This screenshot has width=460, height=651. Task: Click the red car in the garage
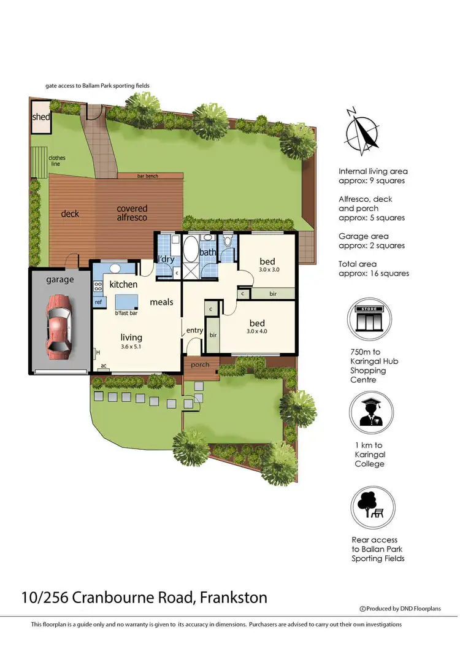click(58, 326)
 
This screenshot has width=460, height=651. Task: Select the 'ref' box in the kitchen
click(98, 302)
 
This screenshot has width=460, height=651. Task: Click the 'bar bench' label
click(147, 176)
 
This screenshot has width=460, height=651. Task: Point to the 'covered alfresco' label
click(132, 213)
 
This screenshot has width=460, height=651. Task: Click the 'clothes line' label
click(57, 161)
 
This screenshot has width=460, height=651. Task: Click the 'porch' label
click(200, 364)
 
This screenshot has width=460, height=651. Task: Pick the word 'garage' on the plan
click(59, 279)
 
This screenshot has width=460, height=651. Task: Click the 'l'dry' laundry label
click(166, 260)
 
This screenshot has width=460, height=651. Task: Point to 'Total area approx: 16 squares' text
click(374, 269)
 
